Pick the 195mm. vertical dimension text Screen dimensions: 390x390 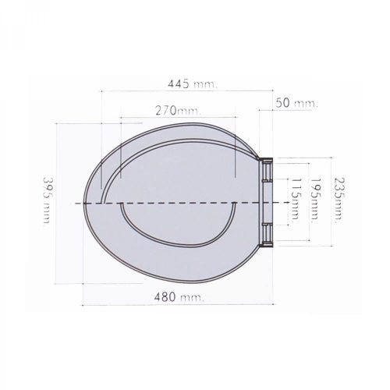coord(316,202)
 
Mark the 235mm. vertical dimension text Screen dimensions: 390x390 coord(337,202)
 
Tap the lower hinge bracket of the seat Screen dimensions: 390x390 coord(268,231)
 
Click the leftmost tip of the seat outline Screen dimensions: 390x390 coord(83,198)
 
